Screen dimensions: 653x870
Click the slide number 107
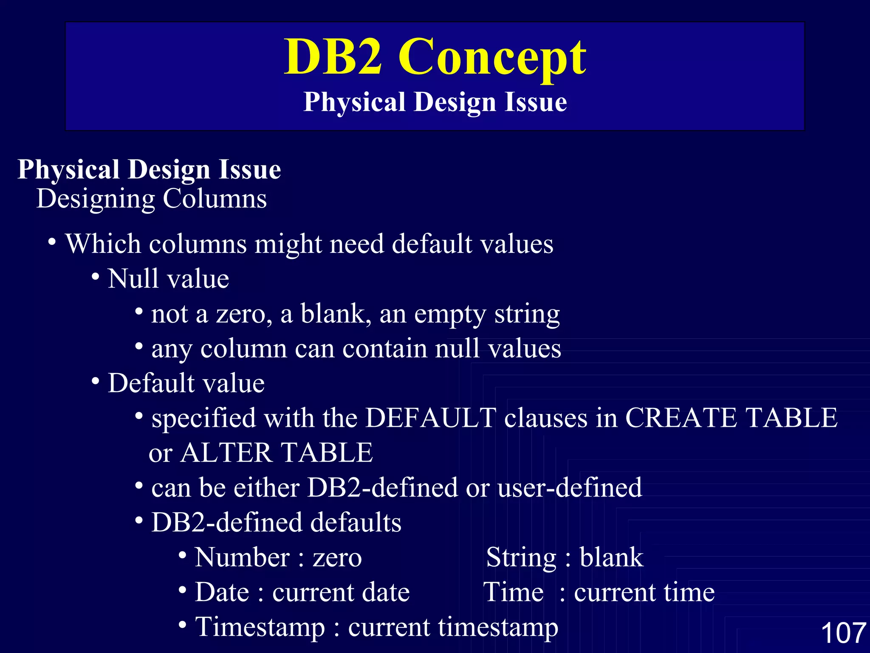[x=843, y=633]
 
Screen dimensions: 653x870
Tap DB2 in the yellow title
[x=333, y=57]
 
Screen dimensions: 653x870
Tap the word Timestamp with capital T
[x=260, y=627]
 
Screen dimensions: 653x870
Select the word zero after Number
[x=337, y=557]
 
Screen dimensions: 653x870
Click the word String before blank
[x=521, y=557]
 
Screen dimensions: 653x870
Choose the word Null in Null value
[x=134, y=279]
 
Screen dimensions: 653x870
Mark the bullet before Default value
[x=96, y=381]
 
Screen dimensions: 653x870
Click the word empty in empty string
[x=450, y=315]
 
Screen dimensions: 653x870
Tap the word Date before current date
[x=222, y=592]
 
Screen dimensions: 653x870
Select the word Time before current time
[x=514, y=592]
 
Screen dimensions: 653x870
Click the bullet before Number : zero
[x=182, y=555]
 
